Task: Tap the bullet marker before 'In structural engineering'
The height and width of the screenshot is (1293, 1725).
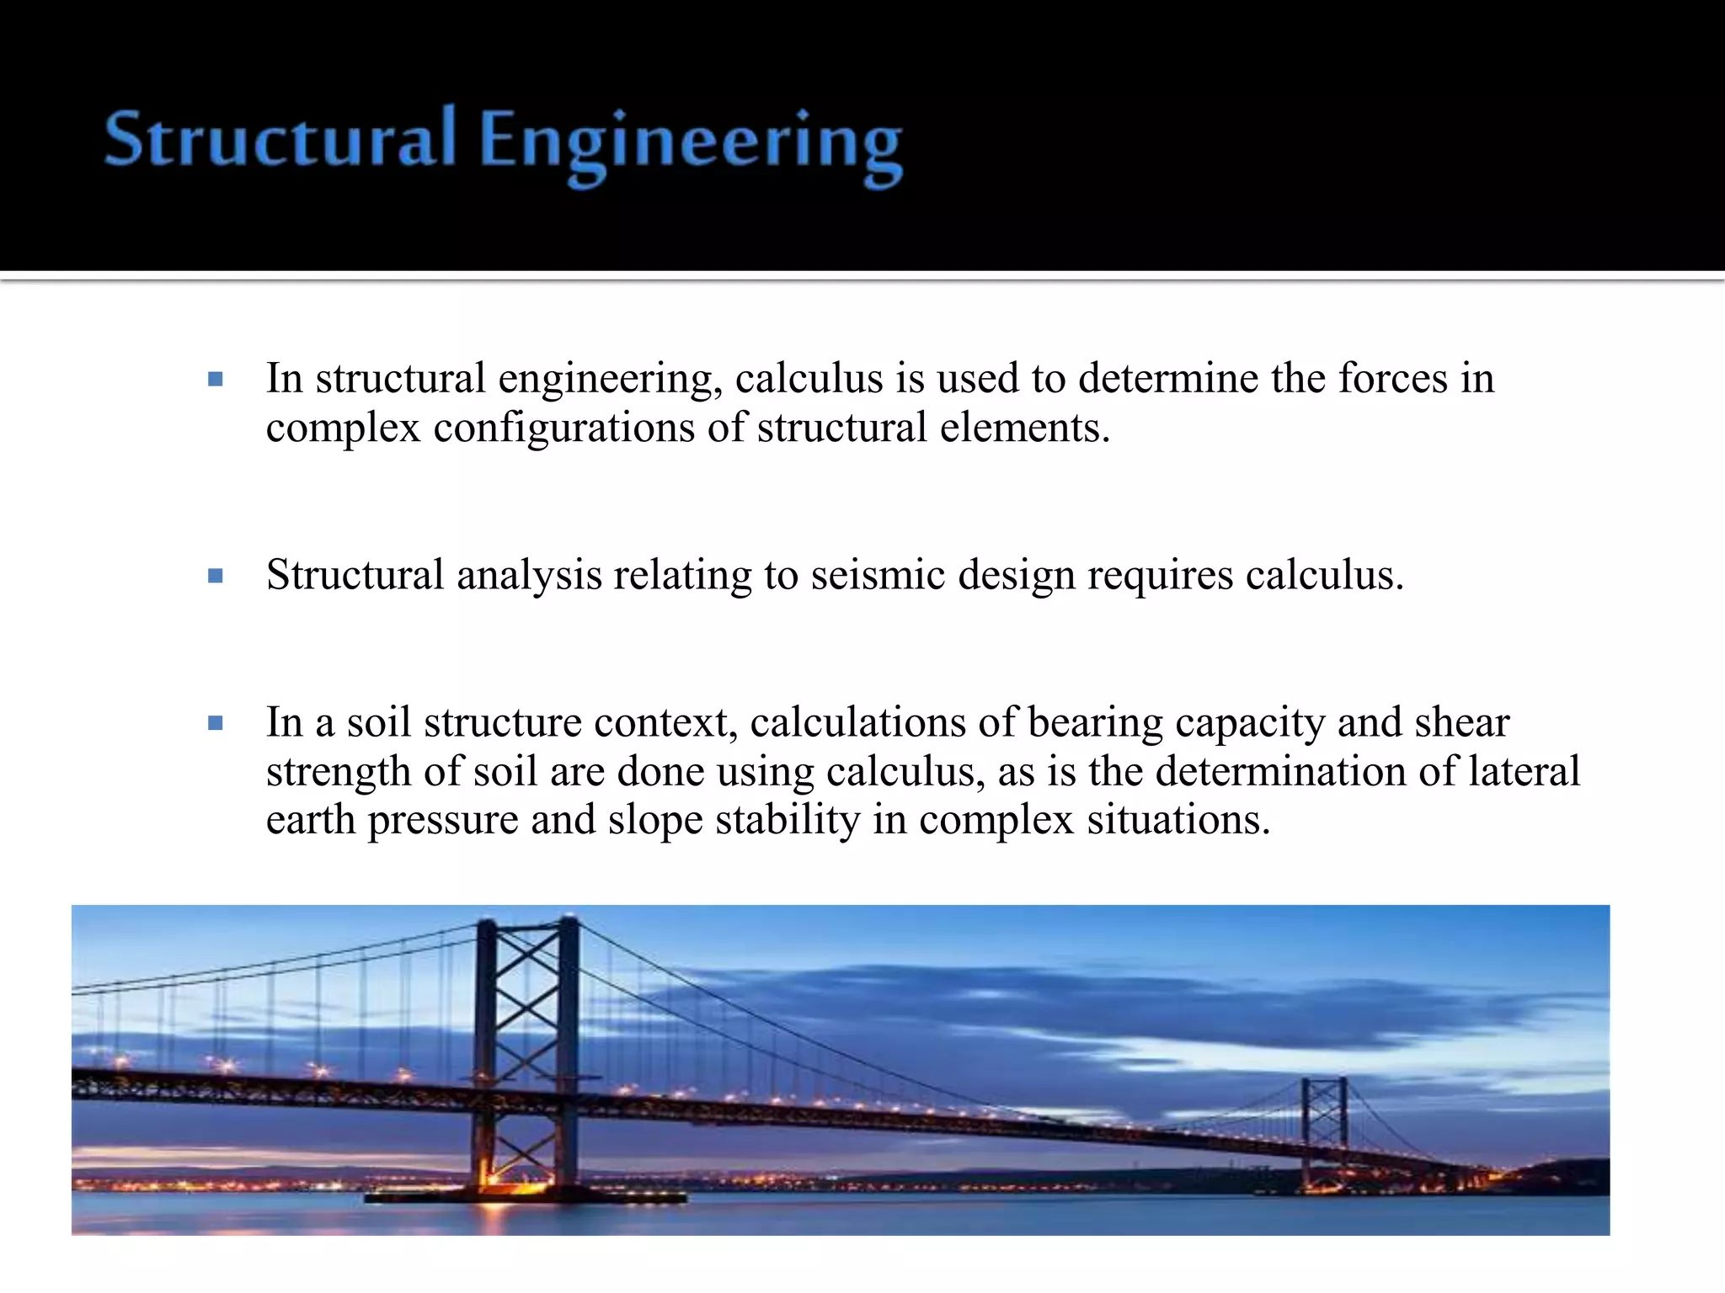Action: coord(216,380)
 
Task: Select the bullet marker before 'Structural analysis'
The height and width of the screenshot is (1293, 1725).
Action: coord(216,577)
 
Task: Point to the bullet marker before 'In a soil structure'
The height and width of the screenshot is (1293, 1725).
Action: coord(216,723)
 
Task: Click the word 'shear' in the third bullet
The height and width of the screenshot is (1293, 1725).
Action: coord(1462,722)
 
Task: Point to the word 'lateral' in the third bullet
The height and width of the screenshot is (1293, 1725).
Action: coord(1525,771)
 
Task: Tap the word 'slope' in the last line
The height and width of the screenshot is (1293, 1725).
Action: coord(654,821)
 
